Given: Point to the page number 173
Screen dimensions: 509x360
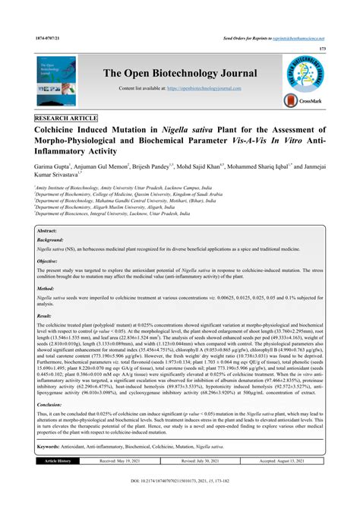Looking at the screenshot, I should click(322, 48).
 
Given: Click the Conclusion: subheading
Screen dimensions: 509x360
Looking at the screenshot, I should click(52, 405).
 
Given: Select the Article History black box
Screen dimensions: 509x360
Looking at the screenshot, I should click(58, 460).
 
